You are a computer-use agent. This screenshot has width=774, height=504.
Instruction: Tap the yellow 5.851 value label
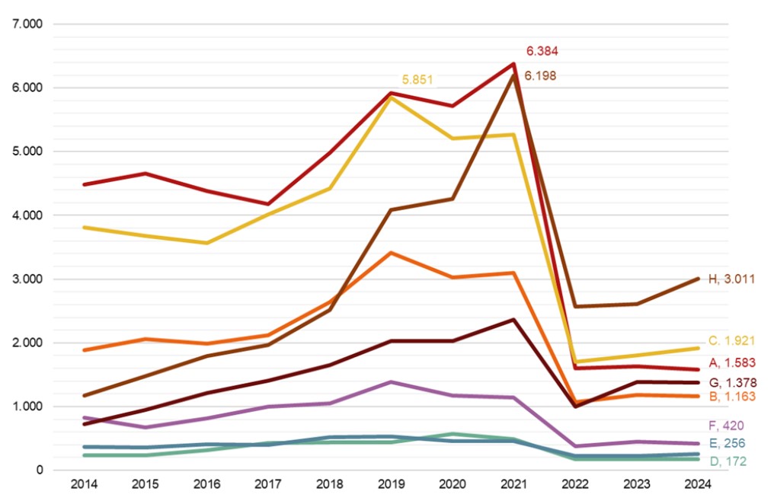(x=418, y=79)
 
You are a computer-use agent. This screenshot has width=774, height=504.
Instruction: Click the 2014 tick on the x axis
(x=83, y=484)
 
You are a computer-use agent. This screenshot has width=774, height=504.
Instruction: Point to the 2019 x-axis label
(x=390, y=484)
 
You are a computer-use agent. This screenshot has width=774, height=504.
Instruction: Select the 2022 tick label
(x=574, y=484)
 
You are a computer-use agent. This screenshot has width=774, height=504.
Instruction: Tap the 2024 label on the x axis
(x=697, y=484)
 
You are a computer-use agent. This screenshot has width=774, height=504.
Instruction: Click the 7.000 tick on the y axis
(x=28, y=24)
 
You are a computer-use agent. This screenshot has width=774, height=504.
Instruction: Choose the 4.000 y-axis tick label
(x=28, y=215)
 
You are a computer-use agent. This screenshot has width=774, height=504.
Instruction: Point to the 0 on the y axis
(x=38, y=471)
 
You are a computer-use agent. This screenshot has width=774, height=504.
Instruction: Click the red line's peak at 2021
(x=513, y=64)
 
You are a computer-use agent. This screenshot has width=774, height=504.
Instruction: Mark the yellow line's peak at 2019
(x=390, y=97)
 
